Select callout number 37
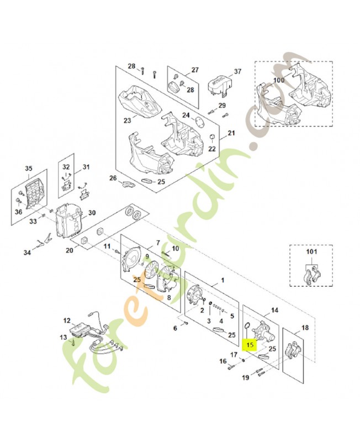coord(238,72)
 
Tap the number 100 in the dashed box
coord(279,80)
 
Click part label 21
coord(231,133)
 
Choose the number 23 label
coord(127,120)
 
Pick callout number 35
coord(29,169)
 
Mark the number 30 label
coord(92,213)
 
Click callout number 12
coord(67,320)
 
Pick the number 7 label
coord(157,243)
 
